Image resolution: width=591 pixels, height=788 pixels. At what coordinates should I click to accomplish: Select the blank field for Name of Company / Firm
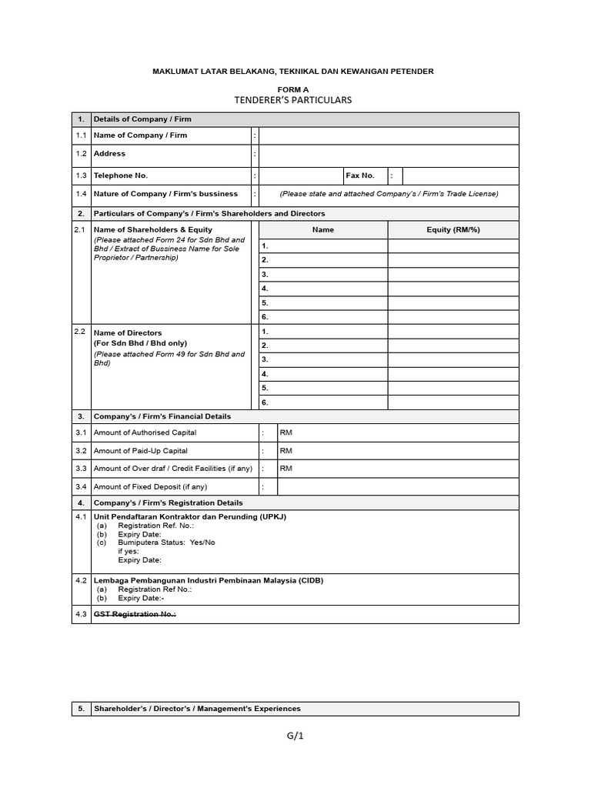click(x=389, y=135)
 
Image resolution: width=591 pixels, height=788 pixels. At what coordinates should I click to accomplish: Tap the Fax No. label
click(x=360, y=176)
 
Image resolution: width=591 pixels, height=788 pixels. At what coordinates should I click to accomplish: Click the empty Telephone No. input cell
click(x=301, y=176)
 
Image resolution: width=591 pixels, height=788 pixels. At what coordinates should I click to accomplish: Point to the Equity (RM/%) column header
click(x=452, y=230)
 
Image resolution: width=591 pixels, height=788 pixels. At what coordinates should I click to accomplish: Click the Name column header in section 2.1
click(x=323, y=230)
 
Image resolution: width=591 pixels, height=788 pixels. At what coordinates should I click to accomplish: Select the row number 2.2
click(x=79, y=332)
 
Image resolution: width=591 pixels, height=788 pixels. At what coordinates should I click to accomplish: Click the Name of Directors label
click(x=128, y=333)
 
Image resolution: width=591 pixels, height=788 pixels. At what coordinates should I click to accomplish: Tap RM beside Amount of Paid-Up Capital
click(x=285, y=451)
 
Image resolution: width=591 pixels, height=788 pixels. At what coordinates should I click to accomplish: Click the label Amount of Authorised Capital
click(x=145, y=433)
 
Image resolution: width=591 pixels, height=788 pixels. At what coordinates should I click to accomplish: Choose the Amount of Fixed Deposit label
click(x=150, y=487)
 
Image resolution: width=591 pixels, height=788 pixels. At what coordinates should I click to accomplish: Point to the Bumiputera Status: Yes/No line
click(x=166, y=543)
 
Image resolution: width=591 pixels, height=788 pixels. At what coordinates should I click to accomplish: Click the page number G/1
click(x=295, y=736)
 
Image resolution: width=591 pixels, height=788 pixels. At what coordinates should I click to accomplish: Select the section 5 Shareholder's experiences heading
click(x=197, y=709)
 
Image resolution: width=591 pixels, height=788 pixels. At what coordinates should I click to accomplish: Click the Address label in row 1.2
click(x=109, y=154)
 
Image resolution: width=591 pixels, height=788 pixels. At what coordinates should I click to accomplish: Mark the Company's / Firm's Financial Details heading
click(x=162, y=416)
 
